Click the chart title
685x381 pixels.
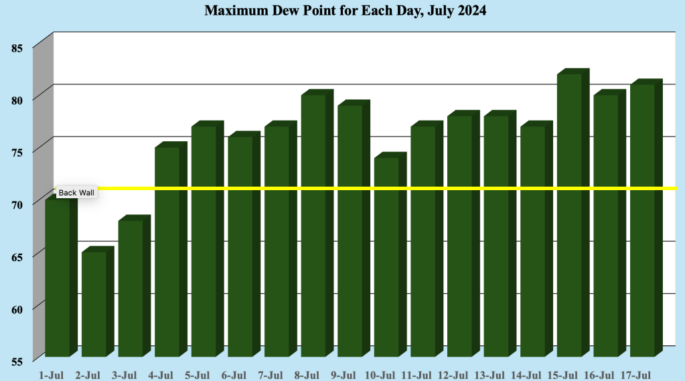coord(345,11)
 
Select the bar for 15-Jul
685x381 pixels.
coord(569,214)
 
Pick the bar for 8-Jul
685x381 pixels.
coord(313,225)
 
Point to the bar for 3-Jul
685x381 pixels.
coord(131,288)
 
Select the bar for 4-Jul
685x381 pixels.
coord(167,251)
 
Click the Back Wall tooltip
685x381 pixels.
coord(77,193)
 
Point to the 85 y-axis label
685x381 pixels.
coord(17,48)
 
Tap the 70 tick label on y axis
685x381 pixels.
coord(17,204)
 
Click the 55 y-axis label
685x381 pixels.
coord(17,361)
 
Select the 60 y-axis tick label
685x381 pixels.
coord(17,309)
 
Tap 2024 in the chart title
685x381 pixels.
coord(471,11)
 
